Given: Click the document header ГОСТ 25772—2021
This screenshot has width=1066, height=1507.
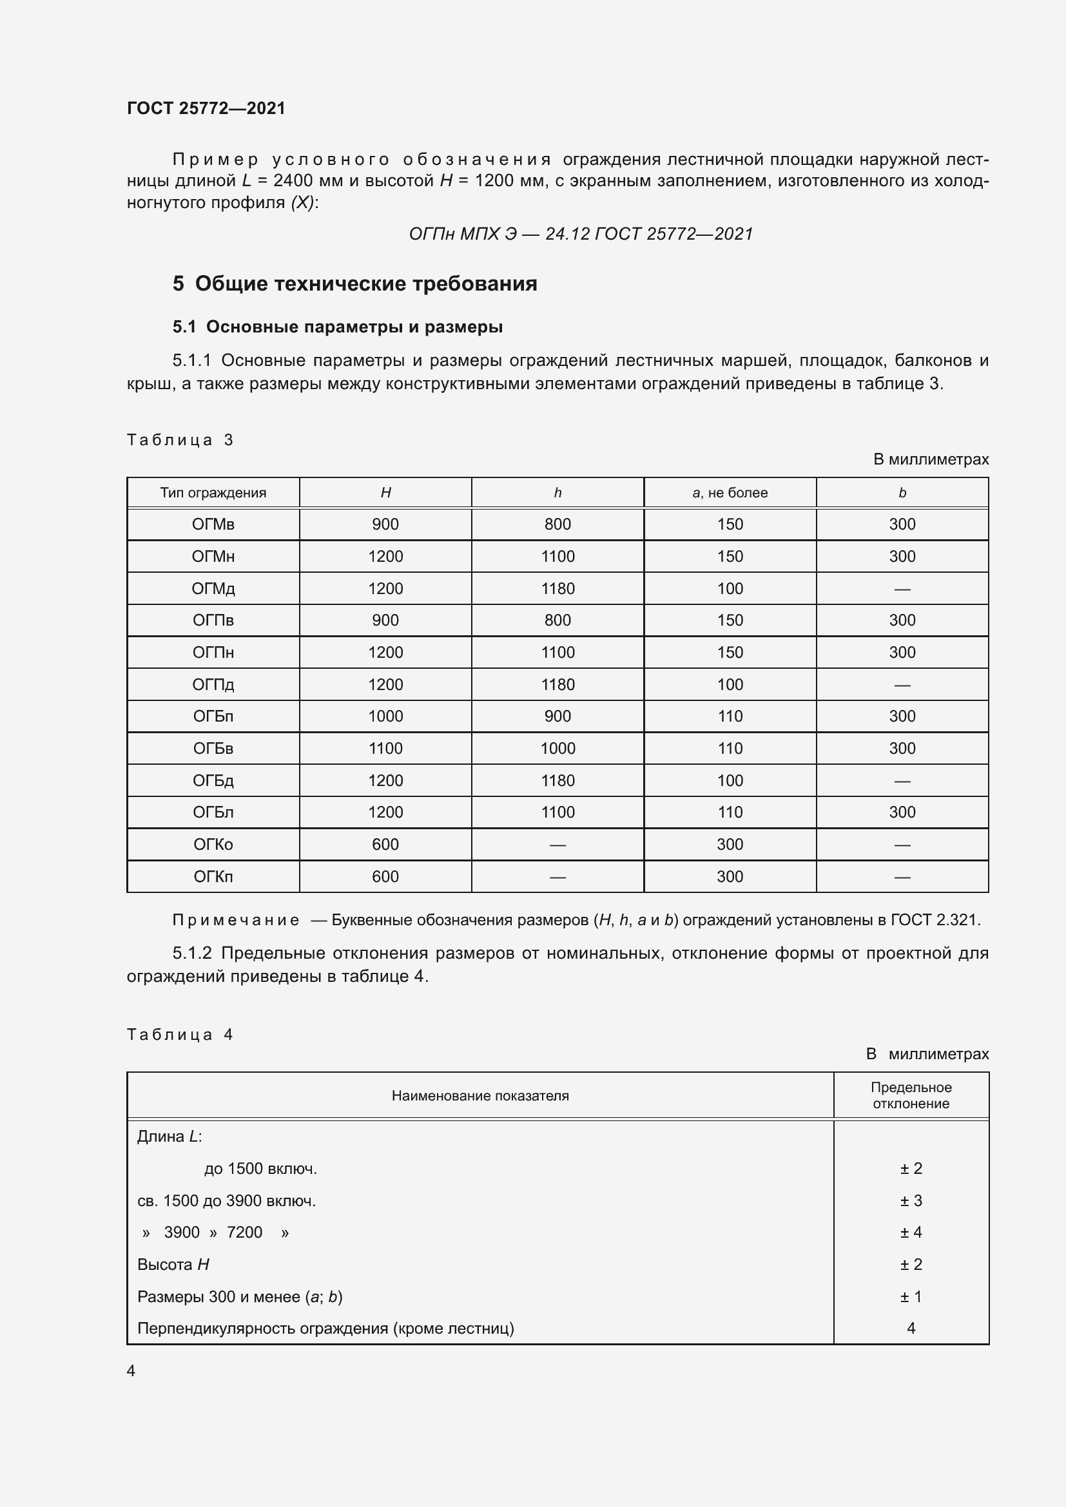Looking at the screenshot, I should click(x=206, y=108).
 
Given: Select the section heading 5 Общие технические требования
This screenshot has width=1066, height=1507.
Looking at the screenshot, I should click(x=354, y=283).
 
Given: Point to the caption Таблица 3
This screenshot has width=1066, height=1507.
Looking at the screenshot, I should click(x=180, y=440).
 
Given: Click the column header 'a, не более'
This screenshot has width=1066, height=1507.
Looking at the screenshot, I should click(x=730, y=493).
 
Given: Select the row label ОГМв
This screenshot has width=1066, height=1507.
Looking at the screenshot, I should click(x=213, y=524).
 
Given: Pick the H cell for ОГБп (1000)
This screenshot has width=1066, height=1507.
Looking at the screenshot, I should click(x=385, y=716).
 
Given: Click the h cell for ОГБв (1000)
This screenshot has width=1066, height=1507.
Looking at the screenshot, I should click(x=557, y=748).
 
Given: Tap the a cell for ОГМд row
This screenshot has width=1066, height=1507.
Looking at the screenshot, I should click(x=730, y=589).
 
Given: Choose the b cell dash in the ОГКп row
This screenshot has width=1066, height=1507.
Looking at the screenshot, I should click(x=902, y=877).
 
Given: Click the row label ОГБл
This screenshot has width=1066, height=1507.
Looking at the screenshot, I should click(x=213, y=812).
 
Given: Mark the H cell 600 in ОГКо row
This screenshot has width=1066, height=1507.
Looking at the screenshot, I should click(x=385, y=845).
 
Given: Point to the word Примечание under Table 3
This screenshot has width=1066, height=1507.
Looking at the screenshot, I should click(x=236, y=920).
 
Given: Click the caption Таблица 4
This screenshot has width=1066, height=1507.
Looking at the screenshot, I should click(x=180, y=1035).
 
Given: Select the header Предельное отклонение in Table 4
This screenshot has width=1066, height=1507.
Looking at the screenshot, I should click(x=911, y=1095).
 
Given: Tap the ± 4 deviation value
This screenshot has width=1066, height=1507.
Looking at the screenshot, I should click(x=911, y=1233).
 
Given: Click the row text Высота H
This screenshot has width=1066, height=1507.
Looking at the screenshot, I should click(x=173, y=1265).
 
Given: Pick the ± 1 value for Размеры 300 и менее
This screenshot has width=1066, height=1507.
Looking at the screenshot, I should click(x=911, y=1297).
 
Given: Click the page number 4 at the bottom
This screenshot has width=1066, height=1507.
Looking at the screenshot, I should click(x=131, y=1371).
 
